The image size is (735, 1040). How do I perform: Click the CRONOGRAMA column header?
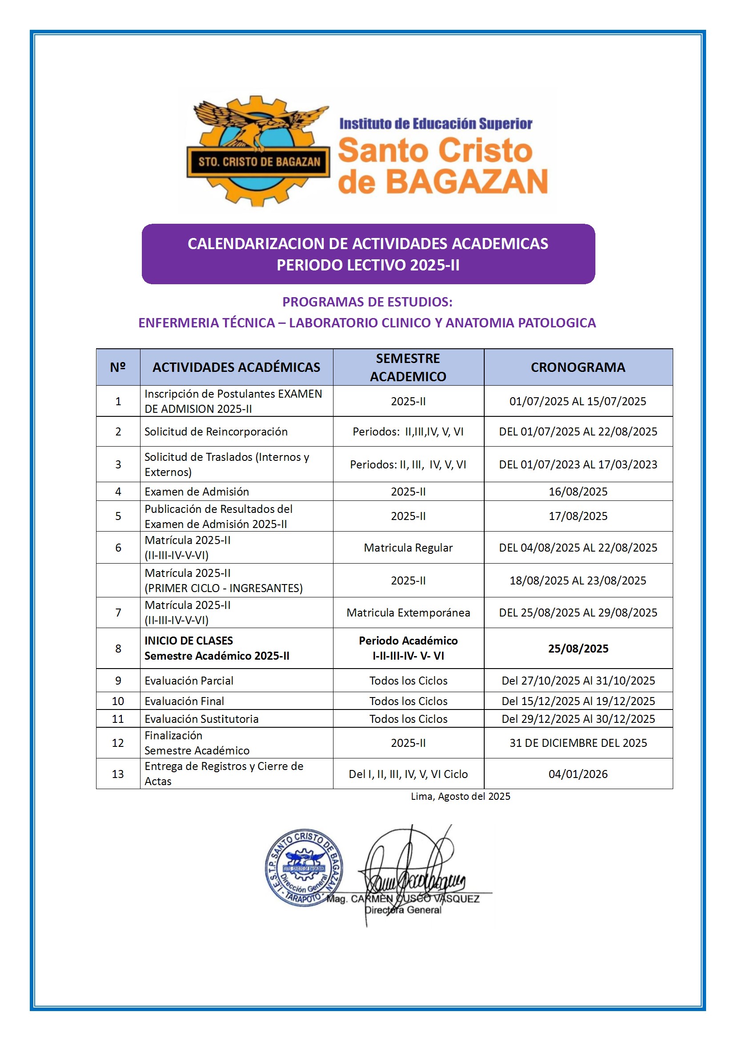[x=578, y=367]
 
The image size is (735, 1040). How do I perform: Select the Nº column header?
[x=118, y=367]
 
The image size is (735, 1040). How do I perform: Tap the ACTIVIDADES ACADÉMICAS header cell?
[x=236, y=367]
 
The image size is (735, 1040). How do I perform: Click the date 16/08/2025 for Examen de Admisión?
[x=578, y=492]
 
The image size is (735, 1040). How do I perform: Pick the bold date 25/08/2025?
[x=578, y=649]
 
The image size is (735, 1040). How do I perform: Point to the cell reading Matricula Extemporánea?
[x=408, y=613]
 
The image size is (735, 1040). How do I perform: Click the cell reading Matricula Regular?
[x=408, y=548]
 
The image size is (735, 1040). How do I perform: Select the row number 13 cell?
[x=118, y=774]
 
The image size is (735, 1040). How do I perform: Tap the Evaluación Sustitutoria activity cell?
[x=201, y=719]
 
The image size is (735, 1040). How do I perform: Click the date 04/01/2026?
[x=578, y=774]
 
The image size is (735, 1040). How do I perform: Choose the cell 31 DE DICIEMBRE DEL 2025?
[x=578, y=743]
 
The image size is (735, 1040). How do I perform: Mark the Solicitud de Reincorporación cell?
[x=216, y=431]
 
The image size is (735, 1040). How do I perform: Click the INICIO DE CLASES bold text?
[x=189, y=641]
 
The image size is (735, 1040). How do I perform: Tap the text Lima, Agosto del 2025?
[x=460, y=796]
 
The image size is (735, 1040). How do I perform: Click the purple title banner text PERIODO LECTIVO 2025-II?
[x=368, y=265]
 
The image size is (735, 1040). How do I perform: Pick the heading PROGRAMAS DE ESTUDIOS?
[x=367, y=302]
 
